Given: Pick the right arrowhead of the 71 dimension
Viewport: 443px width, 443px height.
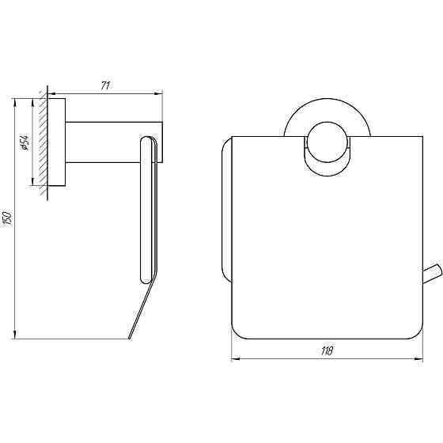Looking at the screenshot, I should tap(160, 93).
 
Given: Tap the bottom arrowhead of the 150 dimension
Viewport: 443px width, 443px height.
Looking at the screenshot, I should tap(16, 335).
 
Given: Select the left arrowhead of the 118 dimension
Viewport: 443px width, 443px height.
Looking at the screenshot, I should tap(234, 358).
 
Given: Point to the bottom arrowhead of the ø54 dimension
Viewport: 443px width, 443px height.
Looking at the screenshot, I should tap(32, 183).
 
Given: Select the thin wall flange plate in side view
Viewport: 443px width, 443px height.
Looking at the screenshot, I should tap(58, 142).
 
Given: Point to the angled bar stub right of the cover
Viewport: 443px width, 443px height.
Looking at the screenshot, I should tap(432, 275).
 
